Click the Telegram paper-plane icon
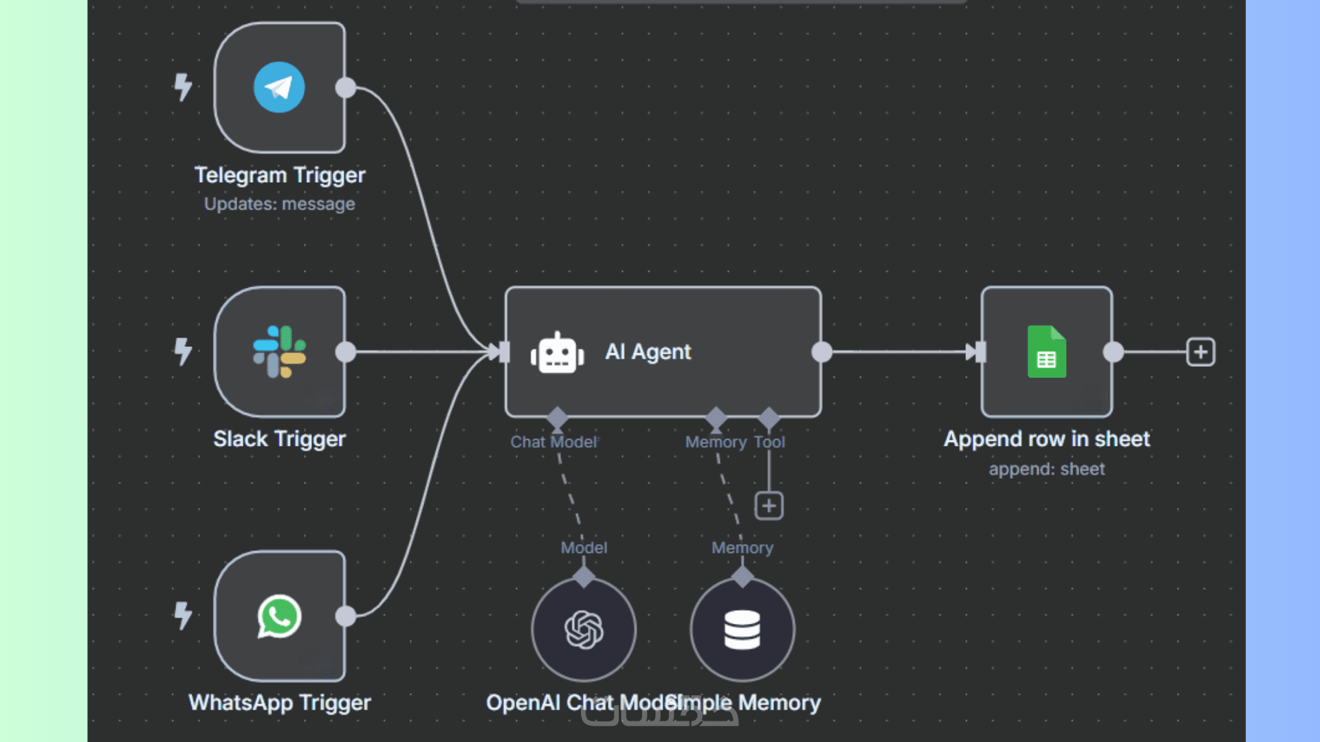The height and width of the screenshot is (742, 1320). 279,87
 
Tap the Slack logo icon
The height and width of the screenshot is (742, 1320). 279,352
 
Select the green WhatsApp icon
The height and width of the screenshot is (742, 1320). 279,616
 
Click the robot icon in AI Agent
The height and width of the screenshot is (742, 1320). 557,353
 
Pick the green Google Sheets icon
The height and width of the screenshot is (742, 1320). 1046,352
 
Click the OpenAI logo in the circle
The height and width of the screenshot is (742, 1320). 584,630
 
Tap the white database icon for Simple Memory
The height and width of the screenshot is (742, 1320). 742,630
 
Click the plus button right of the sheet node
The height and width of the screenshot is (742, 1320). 1200,352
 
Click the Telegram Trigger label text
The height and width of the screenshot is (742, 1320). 280,175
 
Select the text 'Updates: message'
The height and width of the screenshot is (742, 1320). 280,204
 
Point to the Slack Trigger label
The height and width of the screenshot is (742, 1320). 279,439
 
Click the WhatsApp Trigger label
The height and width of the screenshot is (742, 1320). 280,703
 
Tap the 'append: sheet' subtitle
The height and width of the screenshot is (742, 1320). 1046,469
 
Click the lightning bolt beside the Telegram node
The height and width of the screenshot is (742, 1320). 182,87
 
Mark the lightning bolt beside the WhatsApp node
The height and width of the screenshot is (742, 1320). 182,616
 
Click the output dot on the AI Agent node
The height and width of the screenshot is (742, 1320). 822,352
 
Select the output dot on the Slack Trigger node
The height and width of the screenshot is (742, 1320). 346,352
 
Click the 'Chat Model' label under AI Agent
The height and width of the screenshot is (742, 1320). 553,442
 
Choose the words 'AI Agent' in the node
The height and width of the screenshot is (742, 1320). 648,352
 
